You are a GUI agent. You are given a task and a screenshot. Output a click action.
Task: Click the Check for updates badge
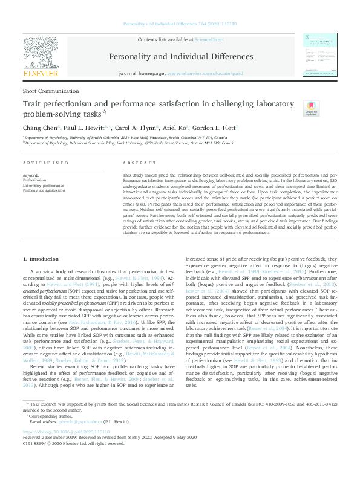click(311, 108)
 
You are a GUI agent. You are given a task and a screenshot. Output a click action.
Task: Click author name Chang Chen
click(38, 128)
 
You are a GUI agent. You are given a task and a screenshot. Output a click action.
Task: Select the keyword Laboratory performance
click(42, 184)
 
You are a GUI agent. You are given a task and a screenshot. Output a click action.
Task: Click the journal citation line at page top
click(180, 24)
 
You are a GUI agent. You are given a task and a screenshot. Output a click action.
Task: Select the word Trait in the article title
click(32, 104)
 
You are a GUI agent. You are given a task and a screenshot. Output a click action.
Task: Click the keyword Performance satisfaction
click(44, 189)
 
